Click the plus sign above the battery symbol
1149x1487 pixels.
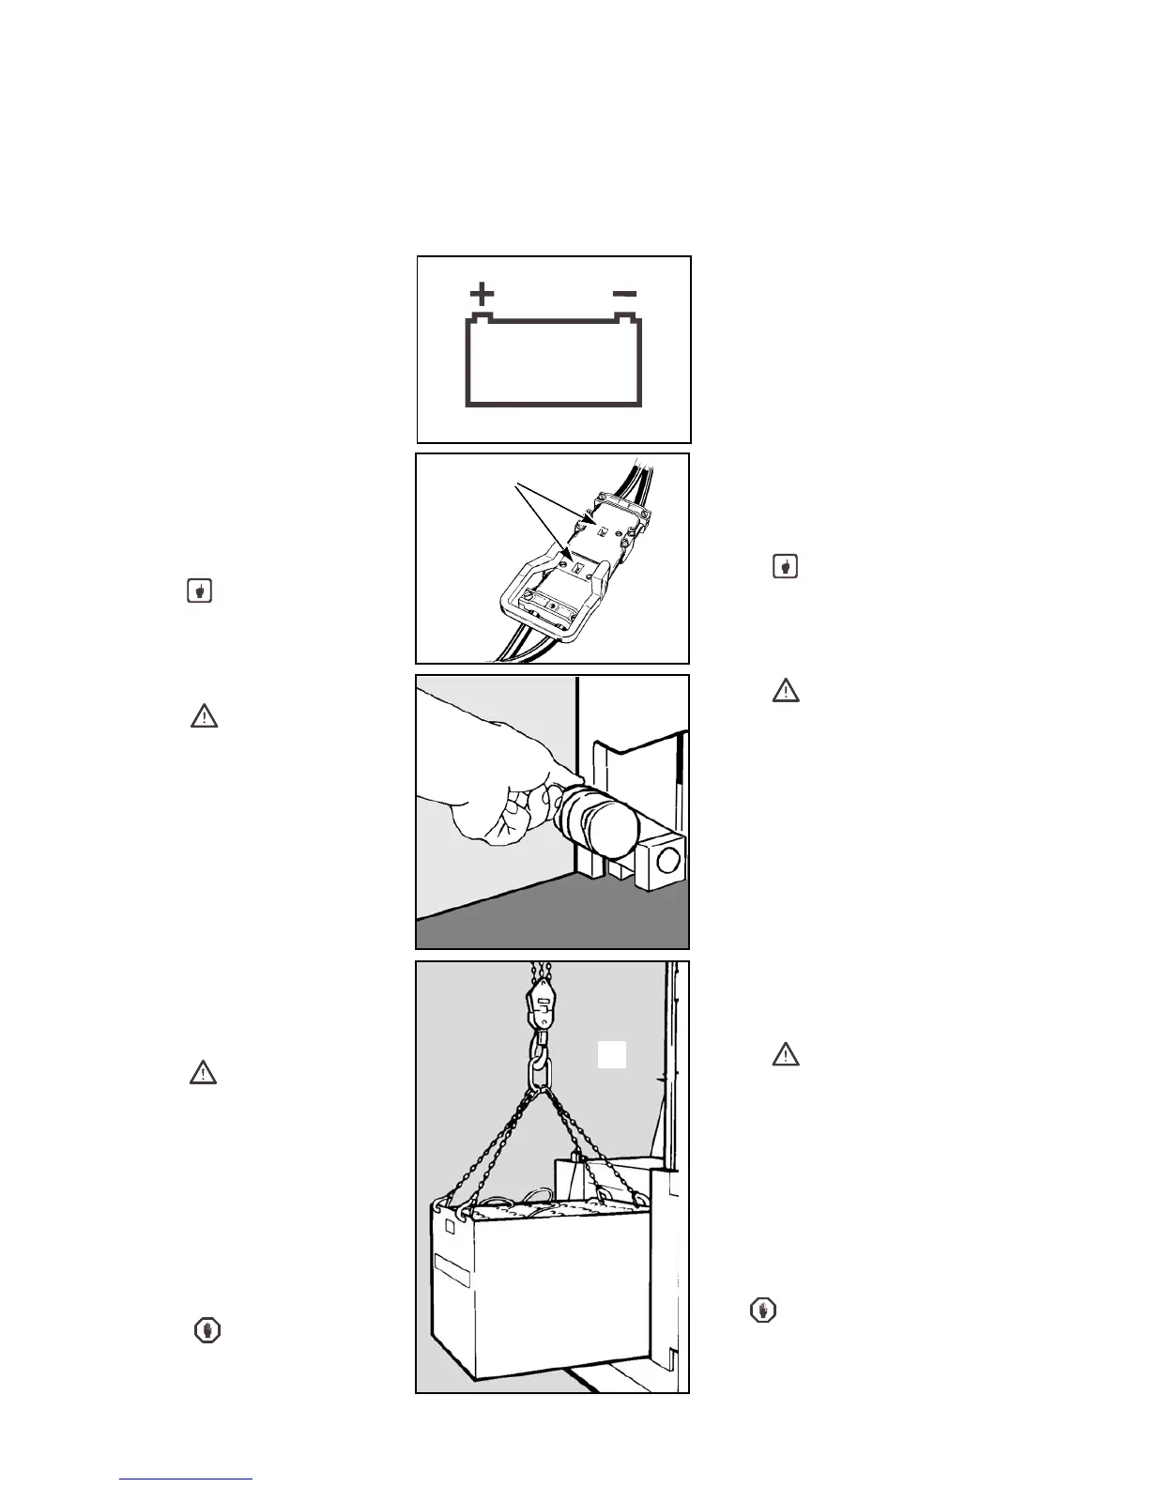[x=482, y=295]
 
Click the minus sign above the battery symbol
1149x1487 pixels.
[x=624, y=294]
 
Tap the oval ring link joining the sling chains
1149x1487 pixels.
[x=543, y=1071]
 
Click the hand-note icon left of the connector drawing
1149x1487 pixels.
[x=199, y=591]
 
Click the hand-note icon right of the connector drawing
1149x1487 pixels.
[x=785, y=566]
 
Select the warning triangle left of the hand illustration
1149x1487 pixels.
[x=204, y=717]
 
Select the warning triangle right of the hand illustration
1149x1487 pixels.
[x=786, y=691]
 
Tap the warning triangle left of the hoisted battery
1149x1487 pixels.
[x=204, y=1072]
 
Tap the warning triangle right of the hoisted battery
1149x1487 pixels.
[x=786, y=1054]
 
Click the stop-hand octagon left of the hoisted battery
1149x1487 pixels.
[x=207, y=1329]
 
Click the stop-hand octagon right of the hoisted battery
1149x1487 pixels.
[x=764, y=1311]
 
